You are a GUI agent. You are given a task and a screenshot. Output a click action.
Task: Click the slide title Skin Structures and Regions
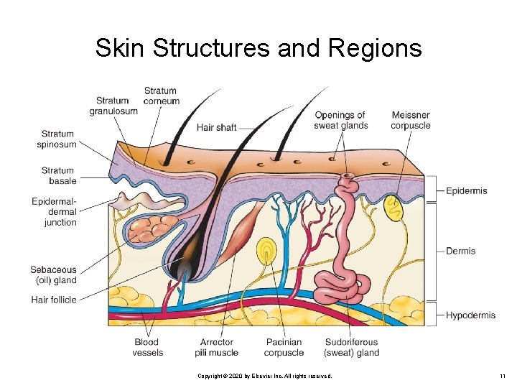[x=258, y=48]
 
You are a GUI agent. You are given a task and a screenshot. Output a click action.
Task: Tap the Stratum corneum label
[x=160, y=96]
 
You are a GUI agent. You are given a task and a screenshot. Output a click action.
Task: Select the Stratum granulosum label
[x=113, y=106]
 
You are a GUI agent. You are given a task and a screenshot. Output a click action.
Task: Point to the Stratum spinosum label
[x=57, y=139]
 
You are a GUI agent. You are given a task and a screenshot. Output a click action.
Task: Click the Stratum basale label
[x=57, y=176]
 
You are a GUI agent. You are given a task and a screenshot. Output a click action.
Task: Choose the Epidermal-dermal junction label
[x=55, y=212]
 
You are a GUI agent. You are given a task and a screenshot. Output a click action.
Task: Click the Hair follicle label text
[x=54, y=300]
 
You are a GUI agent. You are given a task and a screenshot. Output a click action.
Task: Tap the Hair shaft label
[x=216, y=127]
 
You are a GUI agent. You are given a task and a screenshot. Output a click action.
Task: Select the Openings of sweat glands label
[x=340, y=120]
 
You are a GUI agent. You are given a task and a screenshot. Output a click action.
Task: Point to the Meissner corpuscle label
[x=411, y=120]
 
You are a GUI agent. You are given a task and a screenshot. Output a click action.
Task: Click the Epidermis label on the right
[x=466, y=190]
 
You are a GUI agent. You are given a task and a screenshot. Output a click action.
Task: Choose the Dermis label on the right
[x=460, y=251]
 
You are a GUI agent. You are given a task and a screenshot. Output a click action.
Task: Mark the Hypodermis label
[x=470, y=315]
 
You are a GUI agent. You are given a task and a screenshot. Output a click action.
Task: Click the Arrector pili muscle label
[x=216, y=347]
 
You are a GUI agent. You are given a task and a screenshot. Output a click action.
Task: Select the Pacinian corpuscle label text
[x=284, y=347]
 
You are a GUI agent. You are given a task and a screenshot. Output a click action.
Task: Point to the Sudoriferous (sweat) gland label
[x=351, y=347]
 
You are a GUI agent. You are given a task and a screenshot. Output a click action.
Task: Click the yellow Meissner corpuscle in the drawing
[x=394, y=208]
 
